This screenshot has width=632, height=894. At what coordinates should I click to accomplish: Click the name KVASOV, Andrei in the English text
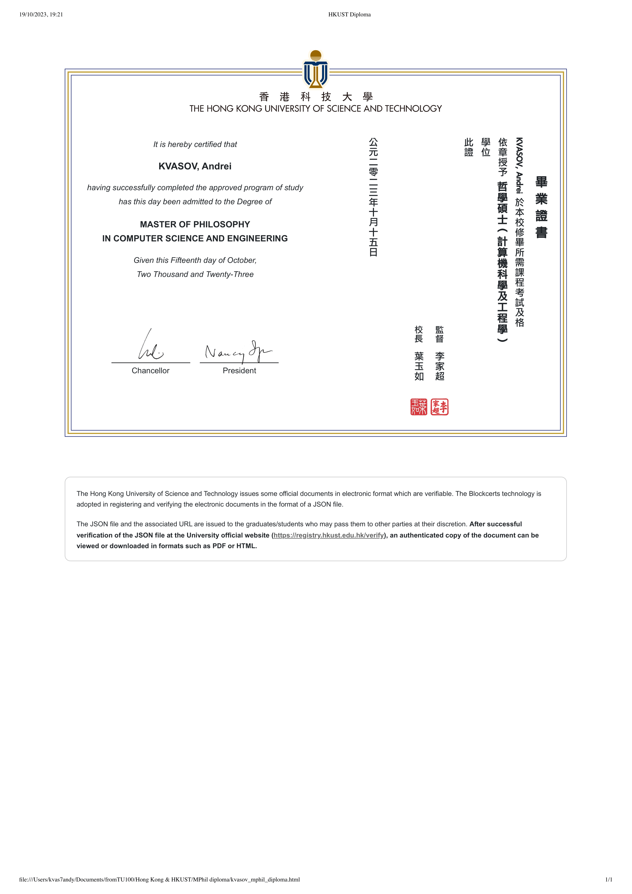(x=195, y=166)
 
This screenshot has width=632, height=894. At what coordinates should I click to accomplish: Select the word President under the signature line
(x=239, y=371)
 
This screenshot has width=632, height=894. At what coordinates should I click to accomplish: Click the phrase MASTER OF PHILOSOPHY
(x=195, y=224)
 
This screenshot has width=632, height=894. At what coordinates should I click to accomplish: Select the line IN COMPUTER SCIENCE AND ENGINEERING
(x=195, y=238)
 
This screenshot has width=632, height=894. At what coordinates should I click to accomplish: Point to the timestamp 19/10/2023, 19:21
(x=41, y=14)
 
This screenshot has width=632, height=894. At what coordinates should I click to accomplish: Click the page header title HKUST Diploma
(x=349, y=14)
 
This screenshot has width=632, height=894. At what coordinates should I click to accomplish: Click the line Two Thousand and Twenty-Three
(x=195, y=274)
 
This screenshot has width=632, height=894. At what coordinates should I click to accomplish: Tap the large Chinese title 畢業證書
(x=541, y=207)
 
